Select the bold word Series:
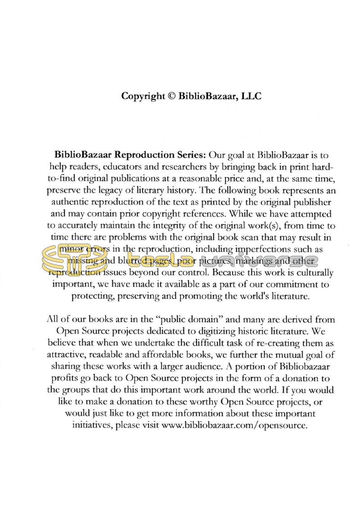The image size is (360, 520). (189, 156)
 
